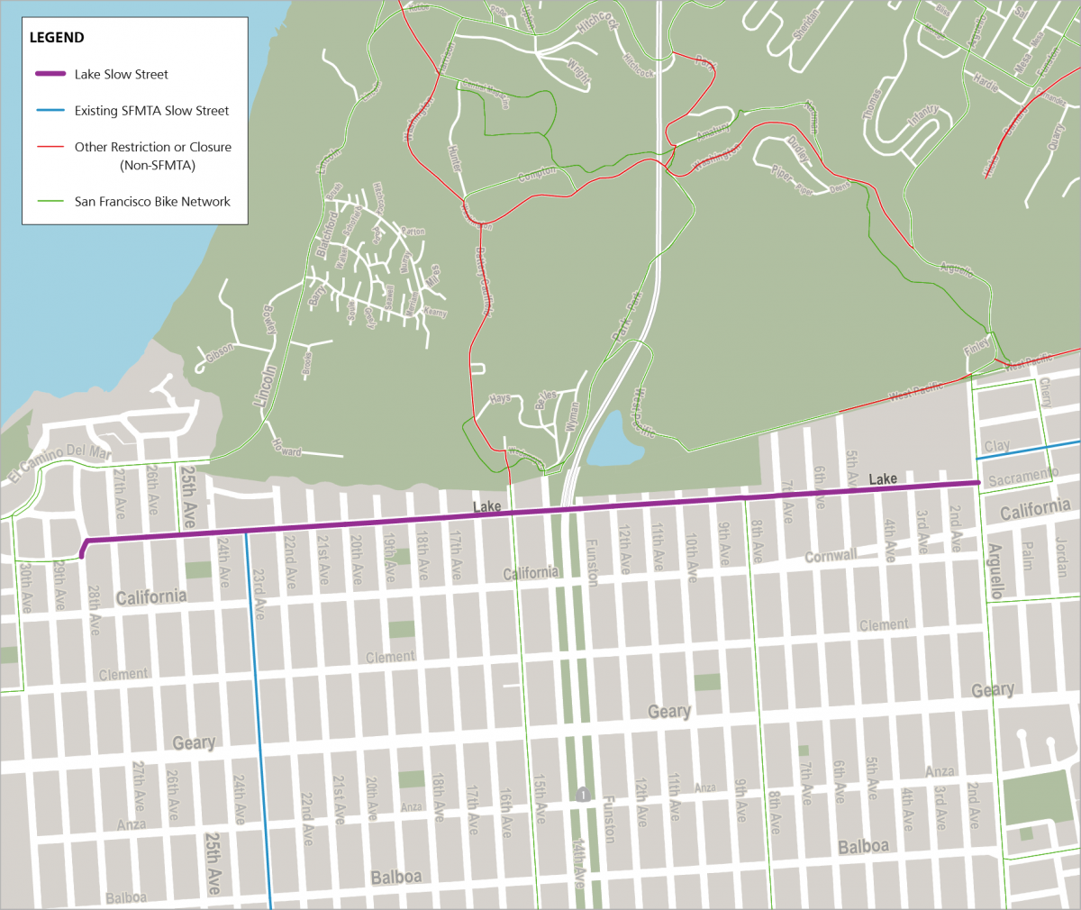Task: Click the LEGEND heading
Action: pos(57,38)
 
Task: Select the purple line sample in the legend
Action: pos(50,74)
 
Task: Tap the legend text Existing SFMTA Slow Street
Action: pos(151,111)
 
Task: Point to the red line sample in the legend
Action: pos(50,147)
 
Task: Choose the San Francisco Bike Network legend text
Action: pos(152,202)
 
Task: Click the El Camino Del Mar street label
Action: pos(60,461)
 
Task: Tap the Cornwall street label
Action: pos(831,556)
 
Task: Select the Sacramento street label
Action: pos(1023,477)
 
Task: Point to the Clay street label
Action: pos(996,446)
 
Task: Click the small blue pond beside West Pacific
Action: pos(613,438)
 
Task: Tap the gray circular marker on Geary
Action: pos(584,795)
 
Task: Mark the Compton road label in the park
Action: pos(537,175)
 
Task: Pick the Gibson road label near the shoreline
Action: pos(219,353)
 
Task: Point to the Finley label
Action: pos(977,346)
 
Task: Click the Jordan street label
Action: pos(1062,558)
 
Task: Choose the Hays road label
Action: pos(500,398)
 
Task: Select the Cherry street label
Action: pos(1045,392)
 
